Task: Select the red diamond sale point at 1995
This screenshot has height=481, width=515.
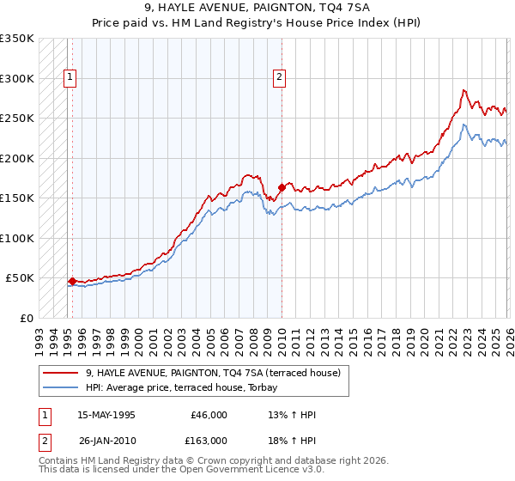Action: [72, 281]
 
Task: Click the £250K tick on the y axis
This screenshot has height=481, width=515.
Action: [17, 118]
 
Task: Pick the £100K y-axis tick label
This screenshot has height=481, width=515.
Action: [17, 238]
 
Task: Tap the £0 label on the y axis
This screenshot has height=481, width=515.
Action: [26, 318]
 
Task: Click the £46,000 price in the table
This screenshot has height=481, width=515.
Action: [209, 415]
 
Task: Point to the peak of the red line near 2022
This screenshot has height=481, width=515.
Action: [463, 89]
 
